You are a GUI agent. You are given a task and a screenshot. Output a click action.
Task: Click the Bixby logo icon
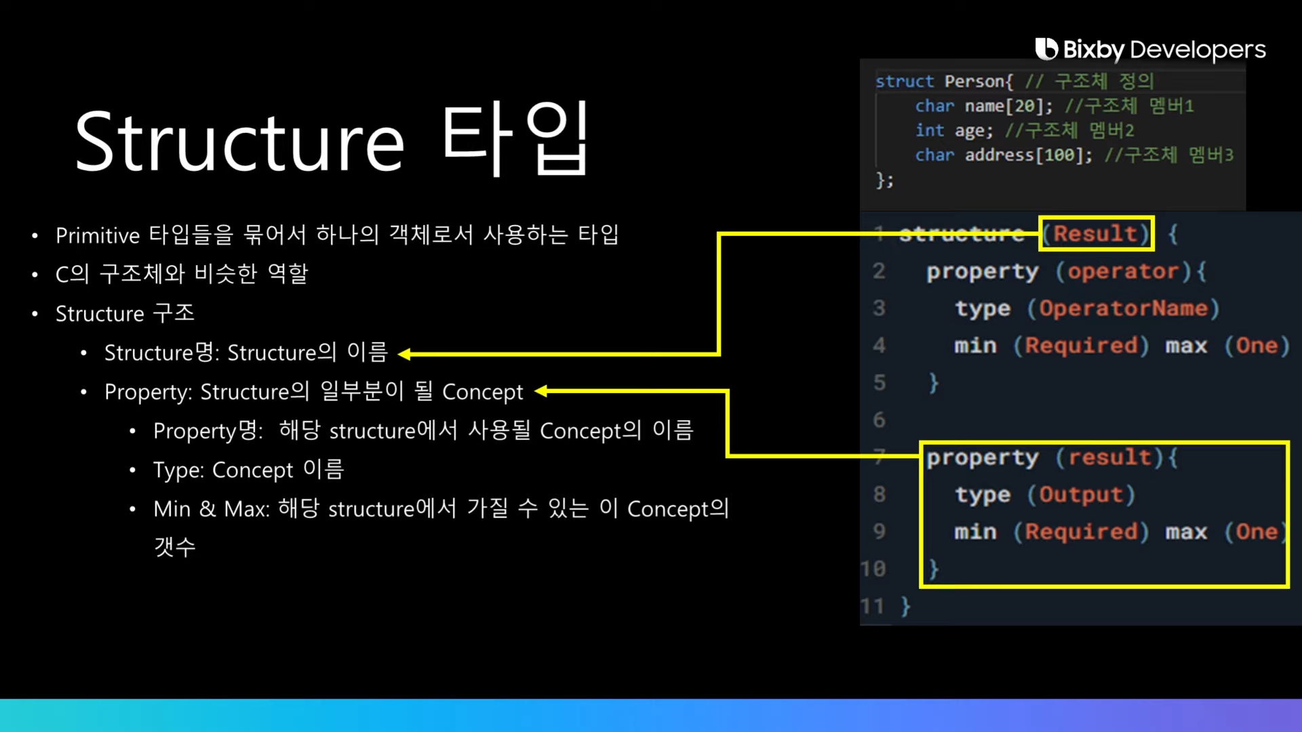coord(1046,49)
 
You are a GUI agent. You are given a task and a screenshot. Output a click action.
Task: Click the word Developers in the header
coord(1198,49)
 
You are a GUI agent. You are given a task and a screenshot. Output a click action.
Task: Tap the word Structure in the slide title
coord(239,143)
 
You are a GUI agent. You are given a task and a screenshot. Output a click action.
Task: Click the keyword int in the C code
coord(929,130)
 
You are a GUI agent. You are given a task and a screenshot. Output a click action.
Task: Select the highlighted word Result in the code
coord(1094,234)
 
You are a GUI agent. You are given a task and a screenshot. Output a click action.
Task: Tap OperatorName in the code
coord(1123,308)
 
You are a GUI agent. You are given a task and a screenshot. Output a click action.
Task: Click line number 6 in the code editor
coord(879,420)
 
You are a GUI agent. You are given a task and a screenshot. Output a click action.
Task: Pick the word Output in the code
coord(1080,495)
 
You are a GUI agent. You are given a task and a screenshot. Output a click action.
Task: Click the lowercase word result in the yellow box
coord(1109,457)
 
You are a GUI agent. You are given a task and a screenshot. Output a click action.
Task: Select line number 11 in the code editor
coord(872,606)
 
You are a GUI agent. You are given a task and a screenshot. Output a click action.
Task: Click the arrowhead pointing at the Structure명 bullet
coord(405,354)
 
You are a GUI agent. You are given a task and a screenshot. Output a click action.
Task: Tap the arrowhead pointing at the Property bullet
coord(541,391)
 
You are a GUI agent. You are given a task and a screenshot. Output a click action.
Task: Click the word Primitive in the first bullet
coord(98,235)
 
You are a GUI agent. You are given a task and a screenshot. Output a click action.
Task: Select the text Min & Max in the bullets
coord(211,509)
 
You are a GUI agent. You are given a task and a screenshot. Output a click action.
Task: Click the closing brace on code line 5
coord(934,383)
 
